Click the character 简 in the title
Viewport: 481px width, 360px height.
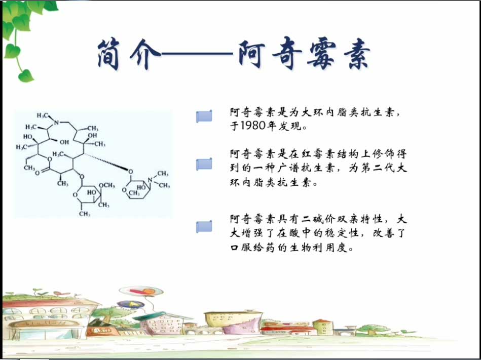tap(108, 54)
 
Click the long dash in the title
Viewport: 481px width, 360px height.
tap(197, 54)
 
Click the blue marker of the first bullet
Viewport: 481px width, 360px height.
tap(204, 116)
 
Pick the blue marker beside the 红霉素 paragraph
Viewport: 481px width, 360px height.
tap(204, 164)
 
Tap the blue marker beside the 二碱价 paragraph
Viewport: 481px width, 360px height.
tap(204, 227)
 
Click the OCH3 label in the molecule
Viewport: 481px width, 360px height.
tap(106, 185)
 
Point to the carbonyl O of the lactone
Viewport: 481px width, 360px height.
tap(38, 173)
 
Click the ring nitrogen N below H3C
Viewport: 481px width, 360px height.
tap(56, 123)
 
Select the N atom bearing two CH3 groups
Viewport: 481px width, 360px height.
tap(150, 180)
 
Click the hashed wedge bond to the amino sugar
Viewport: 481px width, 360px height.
tap(106, 162)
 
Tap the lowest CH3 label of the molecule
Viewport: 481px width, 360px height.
tap(84, 213)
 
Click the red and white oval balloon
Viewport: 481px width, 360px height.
tap(141, 291)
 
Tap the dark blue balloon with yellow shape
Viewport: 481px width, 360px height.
tap(131, 304)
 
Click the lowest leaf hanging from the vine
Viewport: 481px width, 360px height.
tap(26, 76)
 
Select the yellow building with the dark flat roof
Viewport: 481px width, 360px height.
tap(234, 319)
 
